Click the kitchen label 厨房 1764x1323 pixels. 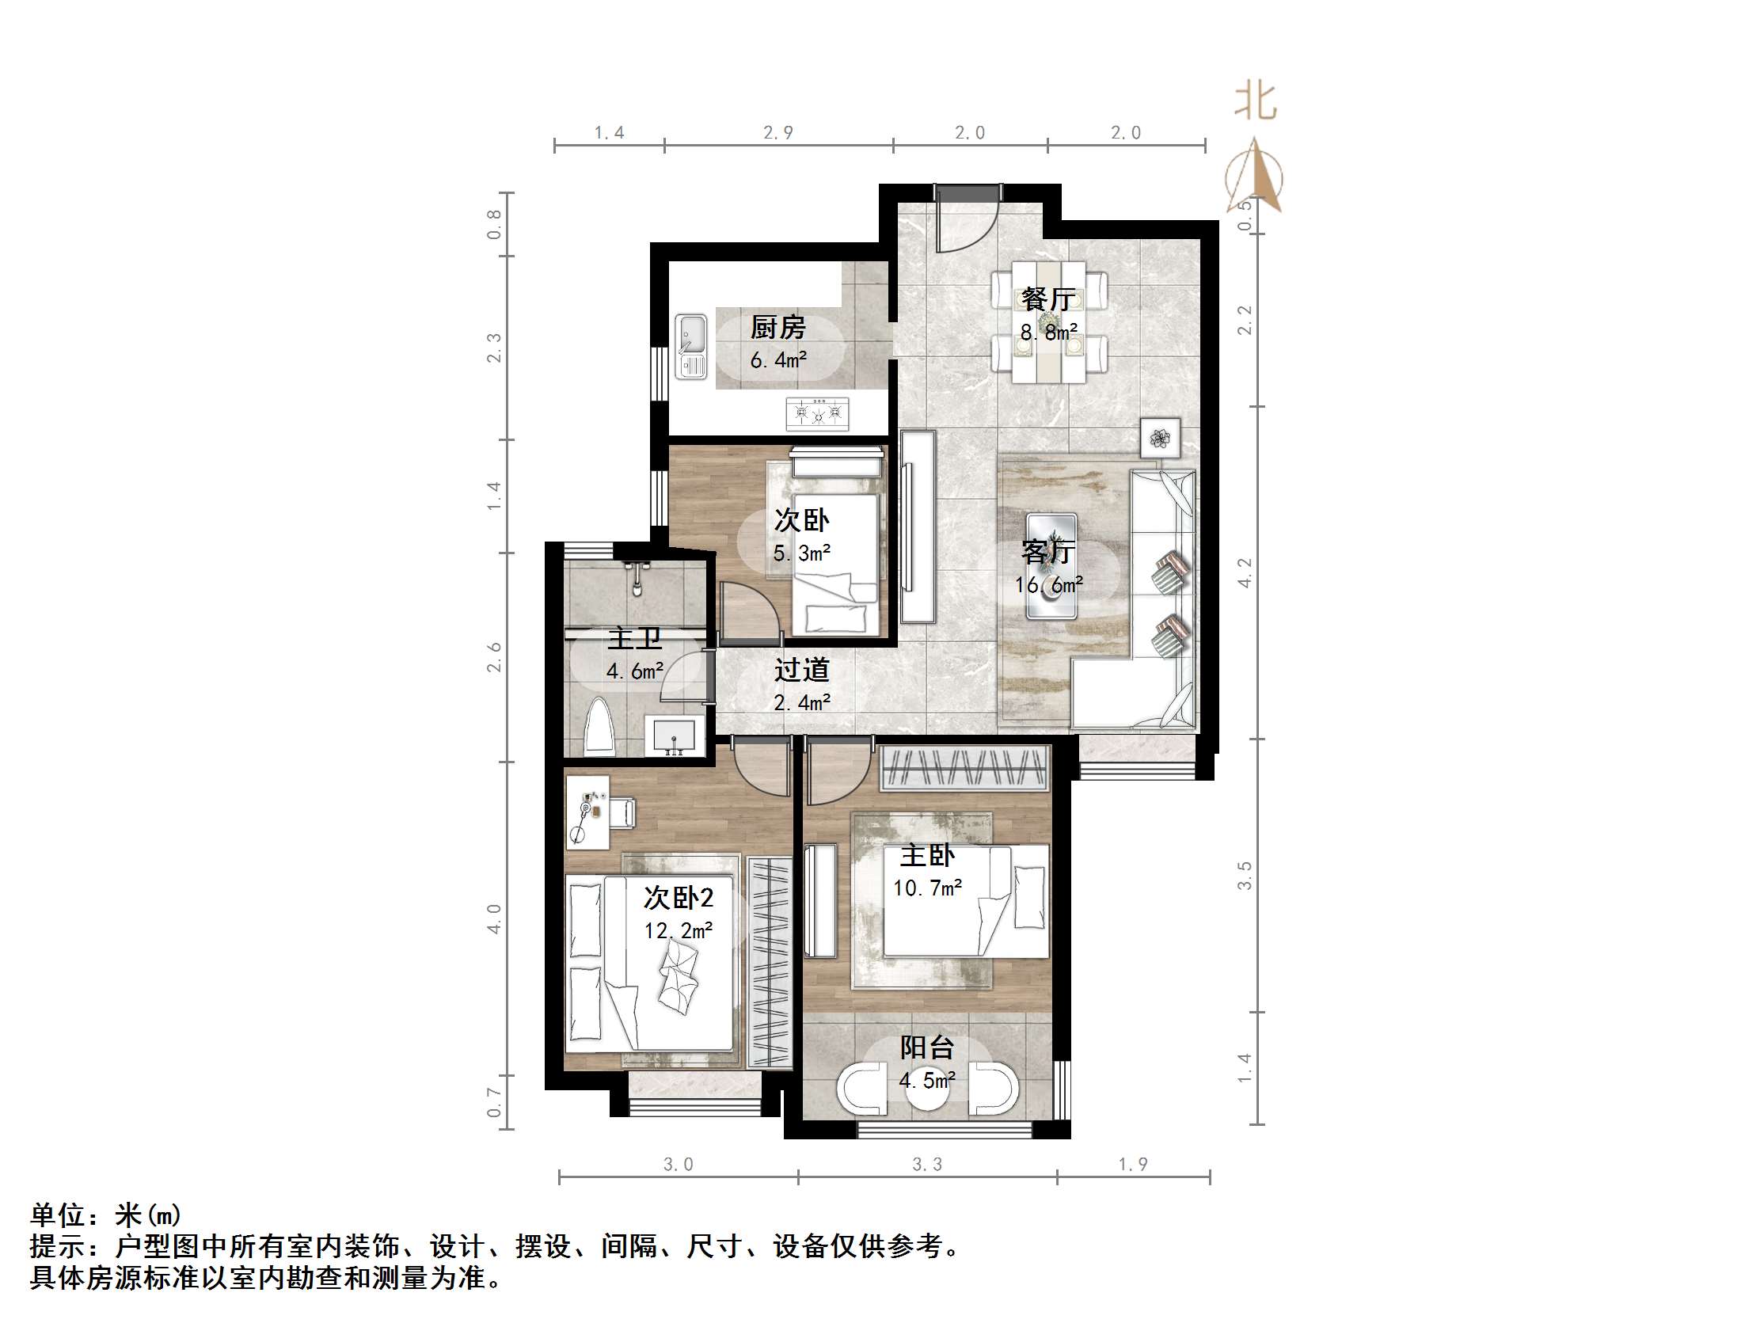[777, 327]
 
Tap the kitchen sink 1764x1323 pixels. [691, 347]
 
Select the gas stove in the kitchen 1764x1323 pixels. [818, 413]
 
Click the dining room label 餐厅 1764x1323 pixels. [1049, 299]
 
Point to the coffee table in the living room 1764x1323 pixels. [1051, 566]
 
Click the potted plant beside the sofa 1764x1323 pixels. [1161, 437]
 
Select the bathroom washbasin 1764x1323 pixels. [675, 736]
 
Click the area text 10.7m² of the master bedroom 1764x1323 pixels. [926, 888]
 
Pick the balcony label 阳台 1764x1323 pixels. [926, 1047]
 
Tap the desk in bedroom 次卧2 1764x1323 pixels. [587, 811]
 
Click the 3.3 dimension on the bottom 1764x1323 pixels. [926, 1165]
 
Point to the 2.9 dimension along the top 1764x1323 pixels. [777, 132]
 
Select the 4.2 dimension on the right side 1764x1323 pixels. [1244, 572]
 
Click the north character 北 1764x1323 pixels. [1255, 102]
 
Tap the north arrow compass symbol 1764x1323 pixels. [1255, 177]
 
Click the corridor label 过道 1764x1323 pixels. [801, 670]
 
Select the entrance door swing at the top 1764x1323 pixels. [965, 221]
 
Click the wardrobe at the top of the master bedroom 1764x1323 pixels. [964, 768]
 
